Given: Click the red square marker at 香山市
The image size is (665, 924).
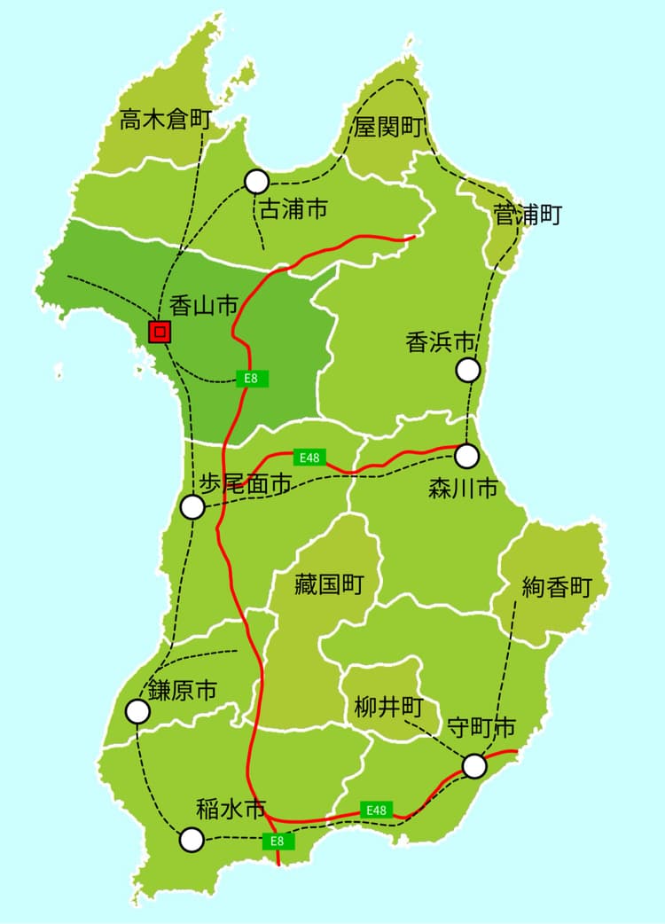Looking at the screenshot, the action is (x=160, y=332).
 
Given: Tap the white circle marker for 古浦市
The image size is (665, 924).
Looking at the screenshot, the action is (x=256, y=181).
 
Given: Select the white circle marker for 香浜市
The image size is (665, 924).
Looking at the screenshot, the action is (x=468, y=370).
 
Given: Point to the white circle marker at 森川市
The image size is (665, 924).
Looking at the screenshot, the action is (x=466, y=456).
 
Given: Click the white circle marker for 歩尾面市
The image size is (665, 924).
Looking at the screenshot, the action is (x=192, y=507).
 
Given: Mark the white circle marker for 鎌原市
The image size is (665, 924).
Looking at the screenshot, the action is (x=137, y=711).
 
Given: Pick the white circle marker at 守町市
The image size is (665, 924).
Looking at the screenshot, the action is (x=474, y=764).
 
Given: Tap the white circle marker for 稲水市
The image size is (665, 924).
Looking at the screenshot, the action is (x=192, y=840).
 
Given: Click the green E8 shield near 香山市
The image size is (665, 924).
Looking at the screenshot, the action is (x=251, y=379).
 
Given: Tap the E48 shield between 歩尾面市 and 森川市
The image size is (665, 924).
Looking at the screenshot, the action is (x=309, y=458).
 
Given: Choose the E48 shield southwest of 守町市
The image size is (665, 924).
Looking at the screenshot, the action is (x=377, y=810).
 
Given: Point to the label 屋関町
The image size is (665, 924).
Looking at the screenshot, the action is (x=387, y=127).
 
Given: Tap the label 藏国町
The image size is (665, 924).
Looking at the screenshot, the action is (x=329, y=585).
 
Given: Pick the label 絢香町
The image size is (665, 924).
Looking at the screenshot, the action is (x=556, y=587).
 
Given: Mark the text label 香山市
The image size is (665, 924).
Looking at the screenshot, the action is (x=203, y=307).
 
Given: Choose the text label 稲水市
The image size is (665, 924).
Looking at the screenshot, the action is (x=231, y=809).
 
